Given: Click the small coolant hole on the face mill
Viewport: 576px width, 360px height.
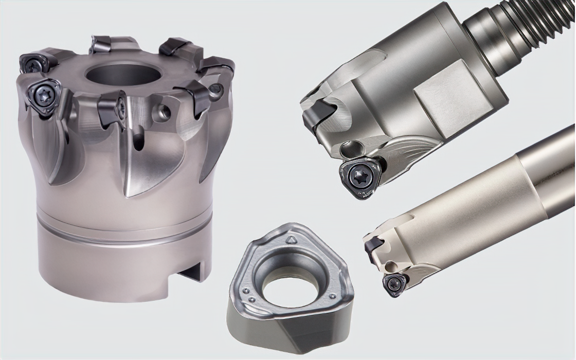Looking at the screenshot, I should tap(165, 111).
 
